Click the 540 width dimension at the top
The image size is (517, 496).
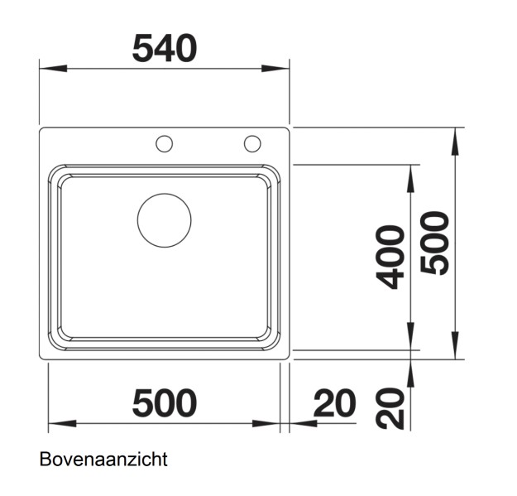pos(165,49)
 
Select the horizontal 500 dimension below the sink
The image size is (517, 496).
pos(165,403)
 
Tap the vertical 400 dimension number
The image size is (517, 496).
pos(391,257)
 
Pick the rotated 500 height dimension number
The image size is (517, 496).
pos(435,243)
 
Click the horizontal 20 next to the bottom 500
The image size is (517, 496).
pos(334,403)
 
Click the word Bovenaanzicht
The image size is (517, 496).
pos(103,459)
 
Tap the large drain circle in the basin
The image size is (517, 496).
pos(164,220)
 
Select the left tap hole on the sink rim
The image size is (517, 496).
pos(165,144)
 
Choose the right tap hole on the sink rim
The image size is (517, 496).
pos(252,144)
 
